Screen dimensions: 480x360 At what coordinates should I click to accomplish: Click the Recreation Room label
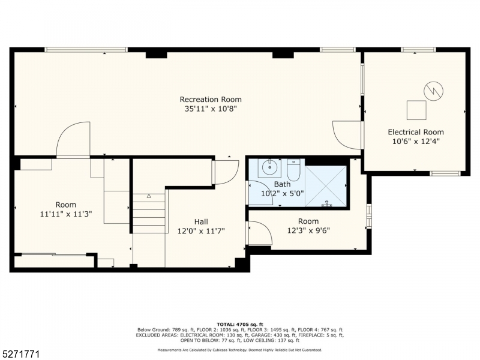(x=211, y=100)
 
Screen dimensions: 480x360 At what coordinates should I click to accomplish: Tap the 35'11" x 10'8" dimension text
(x=211, y=109)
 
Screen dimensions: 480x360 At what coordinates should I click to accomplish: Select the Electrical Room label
(x=416, y=132)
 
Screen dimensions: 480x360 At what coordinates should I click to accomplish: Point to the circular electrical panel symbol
(x=433, y=91)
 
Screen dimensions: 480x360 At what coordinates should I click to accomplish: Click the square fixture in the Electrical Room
(x=416, y=110)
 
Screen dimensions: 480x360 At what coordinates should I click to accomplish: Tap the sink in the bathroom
(x=269, y=168)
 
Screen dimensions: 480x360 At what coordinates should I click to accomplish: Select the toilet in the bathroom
(x=293, y=170)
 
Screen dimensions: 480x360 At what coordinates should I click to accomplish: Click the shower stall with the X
(x=326, y=186)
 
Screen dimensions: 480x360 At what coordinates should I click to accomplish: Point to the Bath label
(x=282, y=184)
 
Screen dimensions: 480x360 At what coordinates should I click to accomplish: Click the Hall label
(x=201, y=221)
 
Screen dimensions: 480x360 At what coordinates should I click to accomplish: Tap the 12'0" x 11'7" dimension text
(x=201, y=231)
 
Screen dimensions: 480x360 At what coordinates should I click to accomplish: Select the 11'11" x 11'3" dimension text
(x=66, y=214)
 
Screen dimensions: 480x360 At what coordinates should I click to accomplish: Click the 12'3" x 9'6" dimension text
(x=308, y=230)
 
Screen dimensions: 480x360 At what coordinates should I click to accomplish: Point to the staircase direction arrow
(x=149, y=196)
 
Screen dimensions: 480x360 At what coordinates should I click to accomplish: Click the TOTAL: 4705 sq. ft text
(x=240, y=325)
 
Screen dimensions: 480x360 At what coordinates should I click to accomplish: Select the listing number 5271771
(x=20, y=355)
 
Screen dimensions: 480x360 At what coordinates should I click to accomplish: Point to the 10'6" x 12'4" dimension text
(x=416, y=142)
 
